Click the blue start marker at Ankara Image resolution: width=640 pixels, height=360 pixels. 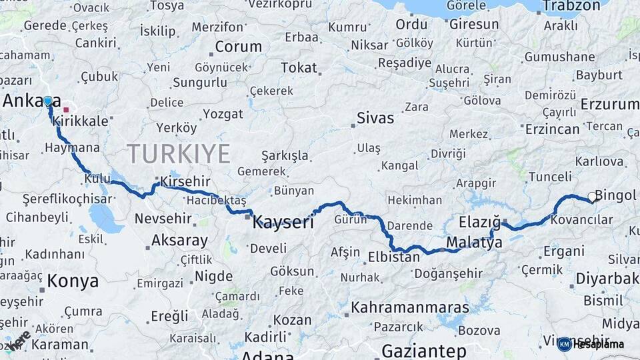(x=47, y=101)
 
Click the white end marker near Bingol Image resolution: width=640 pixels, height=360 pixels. (x=592, y=197)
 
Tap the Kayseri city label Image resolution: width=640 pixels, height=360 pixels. (x=283, y=223)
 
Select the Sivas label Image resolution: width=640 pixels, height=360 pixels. (x=375, y=119)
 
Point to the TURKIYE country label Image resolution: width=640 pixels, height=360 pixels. (x=179, y=154)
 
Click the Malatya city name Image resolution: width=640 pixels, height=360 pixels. (x=474, y=243)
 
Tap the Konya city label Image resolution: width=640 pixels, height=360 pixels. (x=73, y=281)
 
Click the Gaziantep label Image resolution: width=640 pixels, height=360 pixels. (x=424, y=351)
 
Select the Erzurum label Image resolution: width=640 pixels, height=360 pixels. (x=609, y=104)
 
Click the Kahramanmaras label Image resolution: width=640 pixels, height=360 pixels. (x=410, y=307)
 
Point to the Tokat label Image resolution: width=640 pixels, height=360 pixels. (x=299, y=68)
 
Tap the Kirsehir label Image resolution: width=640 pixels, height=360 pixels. (x=185, y=182)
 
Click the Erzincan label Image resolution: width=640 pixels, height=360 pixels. (x=552, y=129)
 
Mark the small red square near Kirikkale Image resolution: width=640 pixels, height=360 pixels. (x=66, y=109)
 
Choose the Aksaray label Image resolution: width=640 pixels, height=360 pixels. (x=179, y=240)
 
